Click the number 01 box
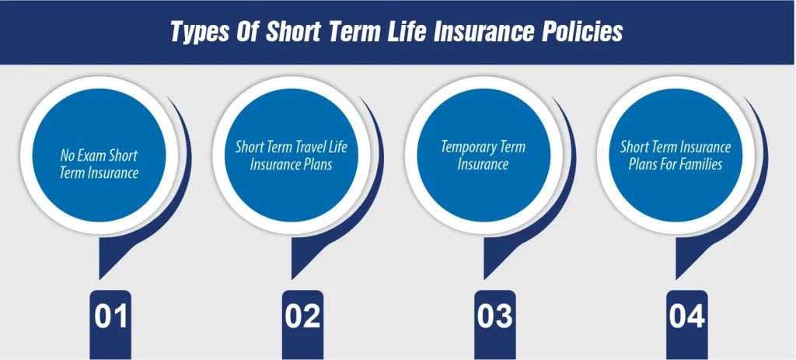pyautogui.click(x=111, y=317)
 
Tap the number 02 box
pyautogui.click(x=302, y=317)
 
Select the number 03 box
pyautogui.click(x=495, y=317)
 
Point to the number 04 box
pyautogui.click(x=687, y=317)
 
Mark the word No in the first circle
pyautogui.click(x=68, y=156)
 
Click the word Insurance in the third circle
pyautogui.click(x=483, y=164)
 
